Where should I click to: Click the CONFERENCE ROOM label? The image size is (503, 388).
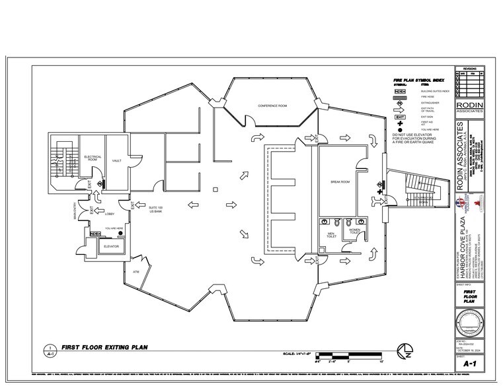tap(272, 106)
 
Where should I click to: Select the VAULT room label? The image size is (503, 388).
tap(116, 160)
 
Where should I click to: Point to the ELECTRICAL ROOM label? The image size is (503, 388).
tap(92, 158)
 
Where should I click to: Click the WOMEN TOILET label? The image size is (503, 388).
tap(354, 232)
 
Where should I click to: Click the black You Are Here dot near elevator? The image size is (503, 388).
tap(120, 233)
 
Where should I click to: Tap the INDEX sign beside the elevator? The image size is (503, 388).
tap(95, 233)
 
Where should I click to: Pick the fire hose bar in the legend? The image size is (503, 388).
tap(399, 95)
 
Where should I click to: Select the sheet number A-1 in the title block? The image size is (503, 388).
tap(469, 363)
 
